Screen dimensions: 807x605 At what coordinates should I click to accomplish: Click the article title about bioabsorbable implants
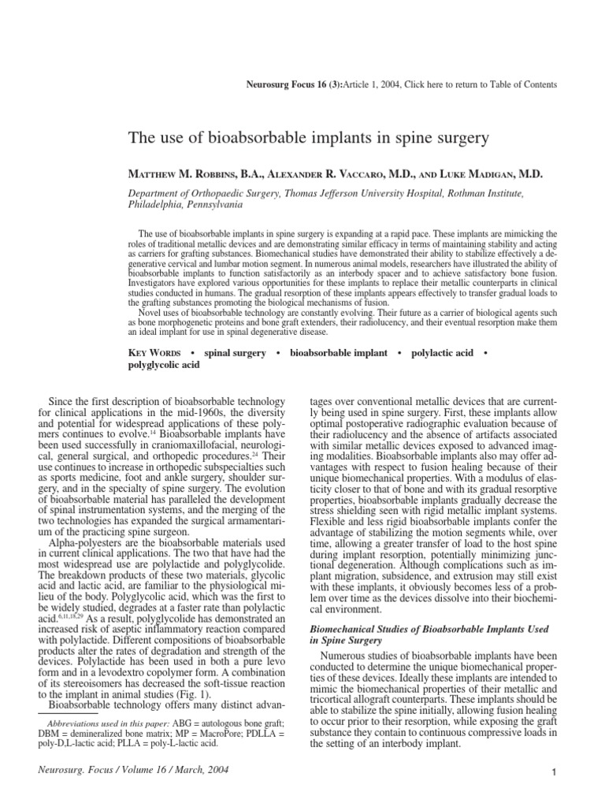(x=308, y=139)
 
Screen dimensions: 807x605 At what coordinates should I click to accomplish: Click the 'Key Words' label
(x=154, y=353)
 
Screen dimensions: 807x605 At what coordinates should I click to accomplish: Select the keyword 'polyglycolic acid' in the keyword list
(x=163, y=366)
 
